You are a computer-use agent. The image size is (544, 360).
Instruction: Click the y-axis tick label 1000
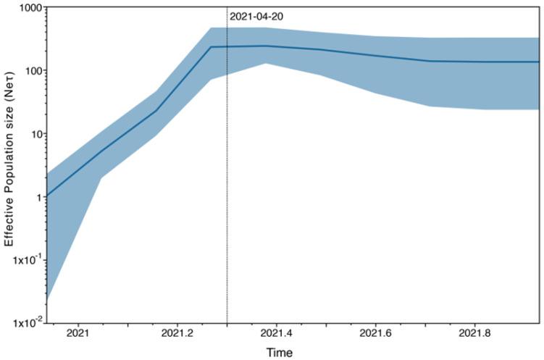click(28, 8)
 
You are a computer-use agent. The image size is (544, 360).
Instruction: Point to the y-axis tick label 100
click(30, 71)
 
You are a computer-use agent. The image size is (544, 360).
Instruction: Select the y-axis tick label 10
click(33, 134)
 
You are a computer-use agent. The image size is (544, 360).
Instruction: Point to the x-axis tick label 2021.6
click(374, 334)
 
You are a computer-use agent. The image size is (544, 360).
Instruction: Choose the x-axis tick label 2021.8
click(474, 334)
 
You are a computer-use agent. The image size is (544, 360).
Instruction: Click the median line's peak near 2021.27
click(212, 47)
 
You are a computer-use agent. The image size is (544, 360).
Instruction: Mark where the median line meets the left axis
click(47, 196)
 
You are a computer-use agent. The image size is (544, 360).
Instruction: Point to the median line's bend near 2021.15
click(156, 110)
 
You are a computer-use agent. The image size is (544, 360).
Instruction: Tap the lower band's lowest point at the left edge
click(47, 298)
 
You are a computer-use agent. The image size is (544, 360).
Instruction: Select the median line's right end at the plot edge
click(538, 62)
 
